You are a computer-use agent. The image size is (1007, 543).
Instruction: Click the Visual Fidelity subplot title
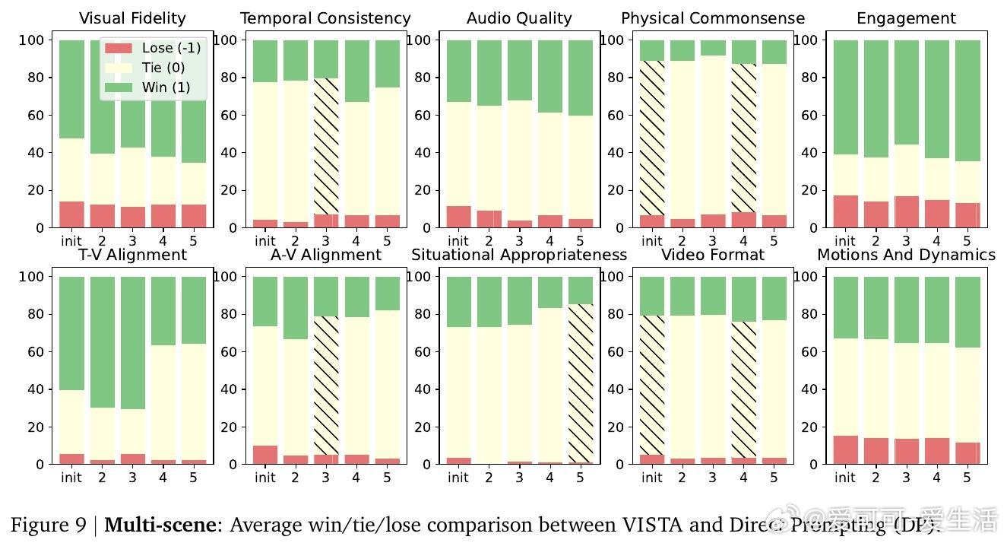[x=132, y=18]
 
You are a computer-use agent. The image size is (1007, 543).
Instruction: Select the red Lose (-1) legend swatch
[x=119, y=48]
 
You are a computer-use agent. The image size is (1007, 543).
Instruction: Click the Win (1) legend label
[x=166, y=87]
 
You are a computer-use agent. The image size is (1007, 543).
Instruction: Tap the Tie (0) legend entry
[x=163, y=68]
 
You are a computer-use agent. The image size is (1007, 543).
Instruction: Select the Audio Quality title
[x=519, y=18]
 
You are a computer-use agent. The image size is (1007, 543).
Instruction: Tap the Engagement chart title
[x=906, y=18]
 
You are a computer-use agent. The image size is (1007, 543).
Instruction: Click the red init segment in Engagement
[x=845, y=211]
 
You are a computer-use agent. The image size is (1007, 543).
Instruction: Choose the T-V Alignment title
[x=132, y=255]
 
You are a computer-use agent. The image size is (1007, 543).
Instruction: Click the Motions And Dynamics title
[x=906, y=255]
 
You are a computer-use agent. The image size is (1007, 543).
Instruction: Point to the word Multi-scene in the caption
[x=163, y=525]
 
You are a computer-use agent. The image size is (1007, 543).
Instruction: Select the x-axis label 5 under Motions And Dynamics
[x=967, y=478]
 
